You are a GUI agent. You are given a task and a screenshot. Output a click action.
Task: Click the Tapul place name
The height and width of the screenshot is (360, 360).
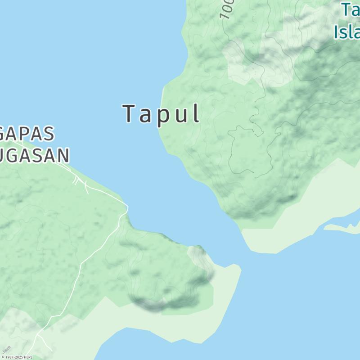(161, 114)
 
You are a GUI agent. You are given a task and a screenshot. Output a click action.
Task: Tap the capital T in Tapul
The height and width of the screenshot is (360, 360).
(129, 113)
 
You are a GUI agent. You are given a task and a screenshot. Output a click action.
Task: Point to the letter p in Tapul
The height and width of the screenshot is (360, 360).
(162, 116)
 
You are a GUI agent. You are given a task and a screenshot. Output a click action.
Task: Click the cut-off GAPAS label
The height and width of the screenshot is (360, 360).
(27, 134)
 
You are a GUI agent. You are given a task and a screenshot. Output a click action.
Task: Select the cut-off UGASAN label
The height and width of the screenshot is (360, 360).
(35, 155)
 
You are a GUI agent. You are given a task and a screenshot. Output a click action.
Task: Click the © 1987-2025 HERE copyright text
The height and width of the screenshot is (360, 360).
(17, 357)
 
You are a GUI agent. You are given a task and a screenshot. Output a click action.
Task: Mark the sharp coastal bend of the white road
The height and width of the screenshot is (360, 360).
(127, 208)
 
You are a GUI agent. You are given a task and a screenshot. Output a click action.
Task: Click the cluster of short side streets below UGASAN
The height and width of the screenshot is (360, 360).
(80, 182)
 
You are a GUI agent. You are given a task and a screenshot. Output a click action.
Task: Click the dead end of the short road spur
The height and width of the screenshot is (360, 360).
(52, 351)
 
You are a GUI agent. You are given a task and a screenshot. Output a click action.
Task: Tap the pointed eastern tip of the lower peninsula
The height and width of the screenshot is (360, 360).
(240, 270)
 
